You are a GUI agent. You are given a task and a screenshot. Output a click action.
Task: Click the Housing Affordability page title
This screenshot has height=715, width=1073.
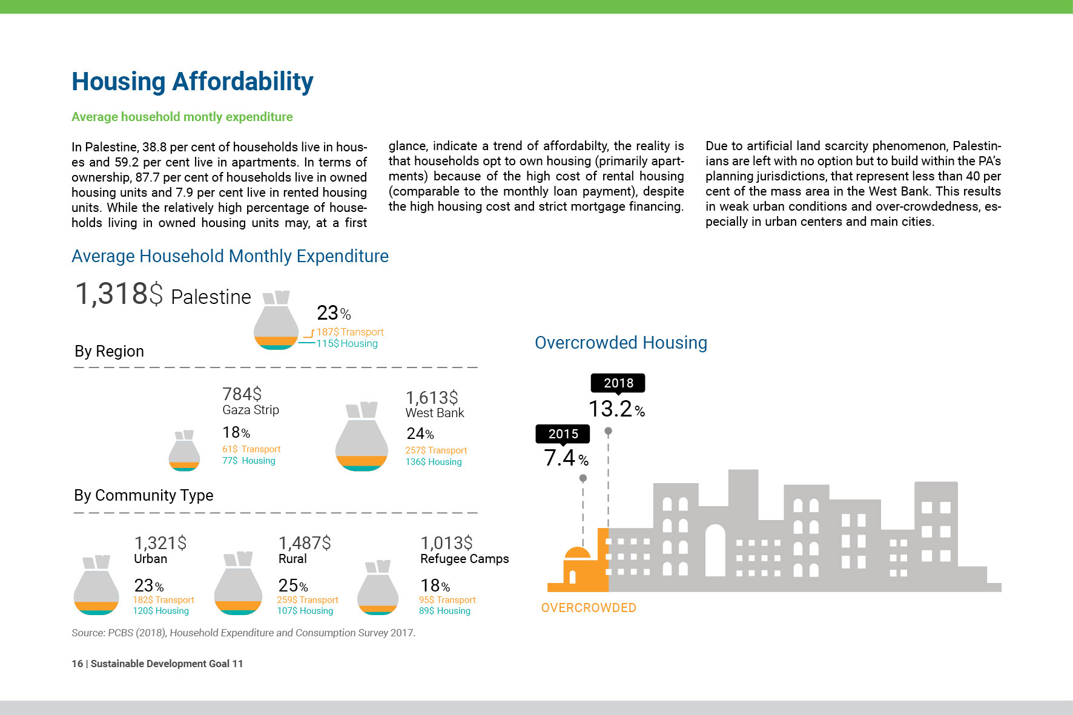click(193, 82)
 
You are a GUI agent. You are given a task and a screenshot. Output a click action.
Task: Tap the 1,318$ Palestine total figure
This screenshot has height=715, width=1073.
click(163, 294)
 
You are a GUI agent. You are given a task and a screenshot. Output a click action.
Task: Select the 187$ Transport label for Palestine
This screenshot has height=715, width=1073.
click(350, 332)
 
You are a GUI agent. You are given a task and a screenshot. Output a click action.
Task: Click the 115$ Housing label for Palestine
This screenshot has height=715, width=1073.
click(347, 343)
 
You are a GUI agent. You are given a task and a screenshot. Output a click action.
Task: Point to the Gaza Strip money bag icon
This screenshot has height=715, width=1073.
click(184, 450)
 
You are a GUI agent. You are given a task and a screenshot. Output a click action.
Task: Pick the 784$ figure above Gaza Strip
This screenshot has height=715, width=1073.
click(242, 394)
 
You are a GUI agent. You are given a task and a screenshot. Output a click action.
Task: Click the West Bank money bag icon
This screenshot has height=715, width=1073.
click(362, 436)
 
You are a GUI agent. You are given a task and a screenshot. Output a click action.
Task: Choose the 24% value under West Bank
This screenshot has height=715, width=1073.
click(420, 433)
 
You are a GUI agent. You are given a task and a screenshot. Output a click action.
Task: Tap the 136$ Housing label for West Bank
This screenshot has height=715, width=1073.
click(434, 462)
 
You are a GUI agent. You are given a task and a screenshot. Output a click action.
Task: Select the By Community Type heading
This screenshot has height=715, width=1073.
click(144, 495)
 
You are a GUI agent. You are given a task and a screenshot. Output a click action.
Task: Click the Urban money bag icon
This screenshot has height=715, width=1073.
click(96, 585)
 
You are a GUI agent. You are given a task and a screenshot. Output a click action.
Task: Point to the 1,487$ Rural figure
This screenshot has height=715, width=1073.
click(305, 542)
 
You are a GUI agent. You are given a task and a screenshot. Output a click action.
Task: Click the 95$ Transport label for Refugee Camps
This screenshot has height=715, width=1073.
click(447, 600)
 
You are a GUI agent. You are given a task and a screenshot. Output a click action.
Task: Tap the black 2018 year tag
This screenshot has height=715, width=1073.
click(618, 383)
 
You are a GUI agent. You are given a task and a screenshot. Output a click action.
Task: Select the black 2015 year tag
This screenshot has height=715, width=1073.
click(563, 434)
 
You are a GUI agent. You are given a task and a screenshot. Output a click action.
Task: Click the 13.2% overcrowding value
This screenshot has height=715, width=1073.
click(616, 409)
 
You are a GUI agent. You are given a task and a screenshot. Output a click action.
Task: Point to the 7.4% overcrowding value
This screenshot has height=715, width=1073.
click(566, 458)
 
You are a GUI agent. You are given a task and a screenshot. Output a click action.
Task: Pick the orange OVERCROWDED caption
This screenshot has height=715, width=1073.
click(589, 608)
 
